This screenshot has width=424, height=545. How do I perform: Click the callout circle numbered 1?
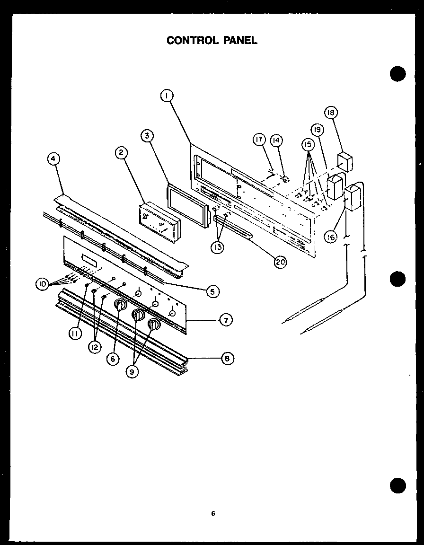(166, 96)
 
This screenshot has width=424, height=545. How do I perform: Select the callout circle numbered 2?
(121, 152)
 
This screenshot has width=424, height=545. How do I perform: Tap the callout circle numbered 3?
(148, 136)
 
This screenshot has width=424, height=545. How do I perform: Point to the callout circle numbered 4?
(54, 159)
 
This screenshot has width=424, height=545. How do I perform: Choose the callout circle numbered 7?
(226, 320)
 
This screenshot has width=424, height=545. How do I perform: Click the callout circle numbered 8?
(227, 358)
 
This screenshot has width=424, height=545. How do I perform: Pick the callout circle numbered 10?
(43, 284)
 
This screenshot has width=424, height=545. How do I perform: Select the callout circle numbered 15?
(309, 144)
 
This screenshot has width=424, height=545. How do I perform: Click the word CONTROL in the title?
(190, 40)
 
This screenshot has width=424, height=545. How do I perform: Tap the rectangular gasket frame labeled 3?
(187, 207)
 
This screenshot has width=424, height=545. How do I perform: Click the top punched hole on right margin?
(398, 75)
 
